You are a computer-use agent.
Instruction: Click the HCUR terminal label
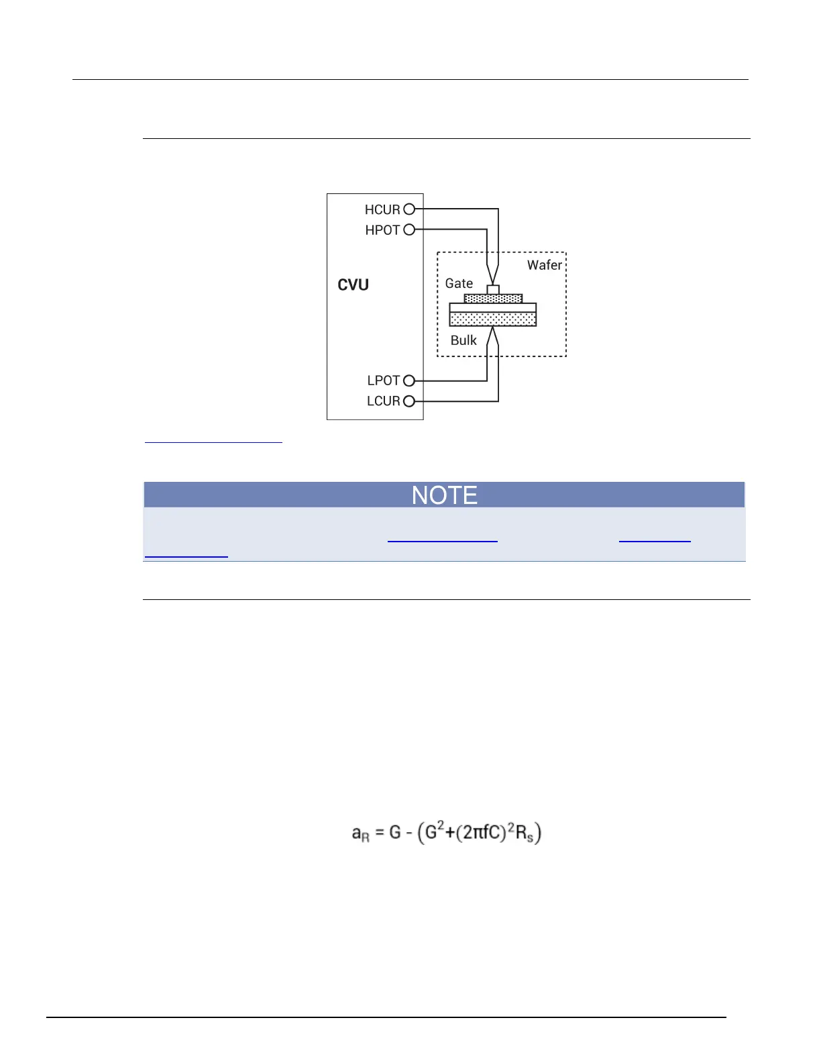pos(382,210)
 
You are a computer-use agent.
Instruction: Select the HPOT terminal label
pos(382,230)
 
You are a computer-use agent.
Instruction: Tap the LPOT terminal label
pos(384,381)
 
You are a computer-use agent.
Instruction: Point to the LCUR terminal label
pos(384,401)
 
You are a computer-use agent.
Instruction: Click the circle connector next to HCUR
pos(409,209)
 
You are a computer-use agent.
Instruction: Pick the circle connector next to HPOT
pos(409,230)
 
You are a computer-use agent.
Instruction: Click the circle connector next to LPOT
pos(409,381)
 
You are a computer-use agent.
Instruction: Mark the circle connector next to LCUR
pos(409,401)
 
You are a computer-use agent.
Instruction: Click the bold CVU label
pos(353,285)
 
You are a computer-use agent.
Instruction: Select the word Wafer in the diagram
pos(544,265)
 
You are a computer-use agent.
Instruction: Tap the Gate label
pos(459,283)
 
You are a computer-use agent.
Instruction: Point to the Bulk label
pos(463,340)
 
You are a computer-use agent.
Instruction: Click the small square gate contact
pos(493,289)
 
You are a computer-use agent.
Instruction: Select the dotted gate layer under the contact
pos(493,299)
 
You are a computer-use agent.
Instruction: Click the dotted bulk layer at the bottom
pos(493,319)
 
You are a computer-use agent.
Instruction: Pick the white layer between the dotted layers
pos(493,308)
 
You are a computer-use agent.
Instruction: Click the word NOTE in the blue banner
pos(444,495)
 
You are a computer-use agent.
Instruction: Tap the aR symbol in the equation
pos(360,834)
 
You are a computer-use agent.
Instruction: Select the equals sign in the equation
pos(380,833)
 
